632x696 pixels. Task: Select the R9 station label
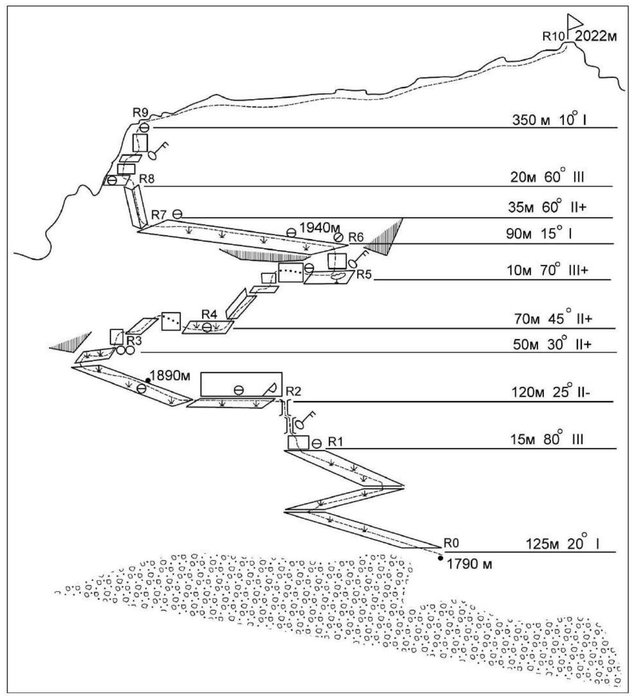click(x=140, y=113)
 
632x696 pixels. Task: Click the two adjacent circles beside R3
click(x=125, y=350)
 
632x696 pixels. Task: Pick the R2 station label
click(x=293, y=391)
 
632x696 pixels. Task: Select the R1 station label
click(x=336, y=442)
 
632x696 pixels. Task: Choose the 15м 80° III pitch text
click(x=548, y=440)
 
